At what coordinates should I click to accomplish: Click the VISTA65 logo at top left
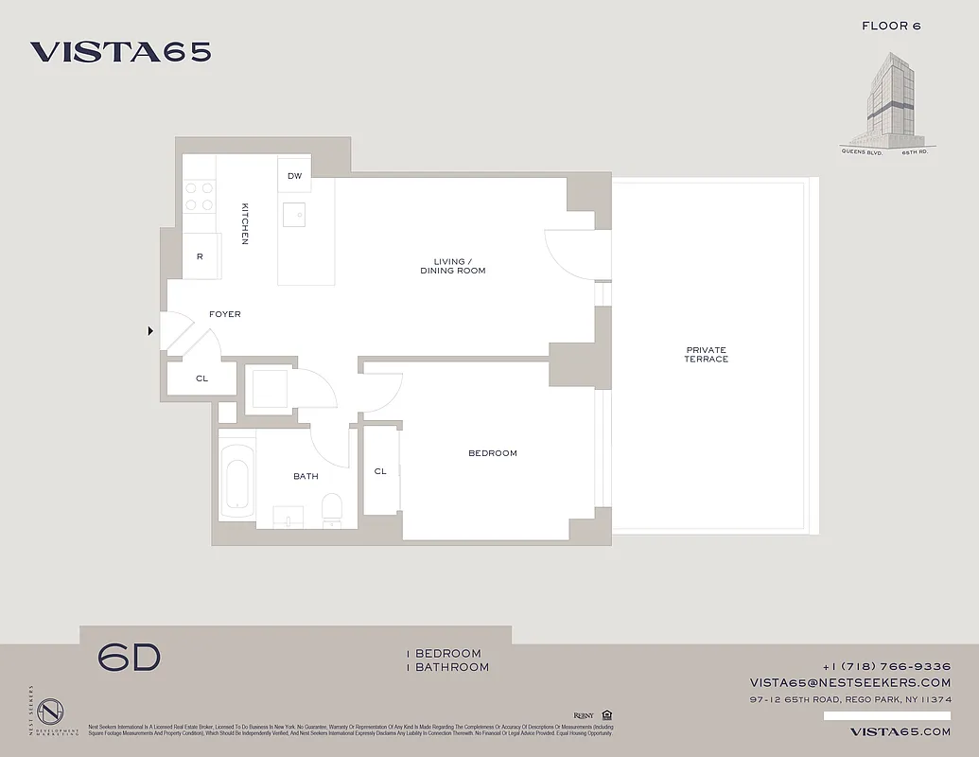coord(120,52)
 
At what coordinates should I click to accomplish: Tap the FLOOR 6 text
coord(891,26)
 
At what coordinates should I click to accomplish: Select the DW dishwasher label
coord(294,176)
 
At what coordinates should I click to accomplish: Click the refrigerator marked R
coord(201,256)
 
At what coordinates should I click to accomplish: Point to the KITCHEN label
coord(245,224)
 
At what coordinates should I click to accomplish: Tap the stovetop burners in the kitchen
coord(199,196)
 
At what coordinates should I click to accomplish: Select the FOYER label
coord(225,314)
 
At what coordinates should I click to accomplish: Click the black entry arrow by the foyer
coord(149,331)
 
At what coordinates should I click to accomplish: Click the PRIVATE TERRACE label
coord(707,355)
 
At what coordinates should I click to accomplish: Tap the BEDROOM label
coord(493,453)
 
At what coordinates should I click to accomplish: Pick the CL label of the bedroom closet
coord(380,471)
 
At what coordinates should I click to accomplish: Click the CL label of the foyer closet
coord(201,378)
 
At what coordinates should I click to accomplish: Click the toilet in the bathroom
coord(332,509)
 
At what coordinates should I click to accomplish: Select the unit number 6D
coord(130,658)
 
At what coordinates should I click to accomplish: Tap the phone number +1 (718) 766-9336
coord(886,666)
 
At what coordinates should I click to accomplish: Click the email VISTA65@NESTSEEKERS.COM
coord(850,682)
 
